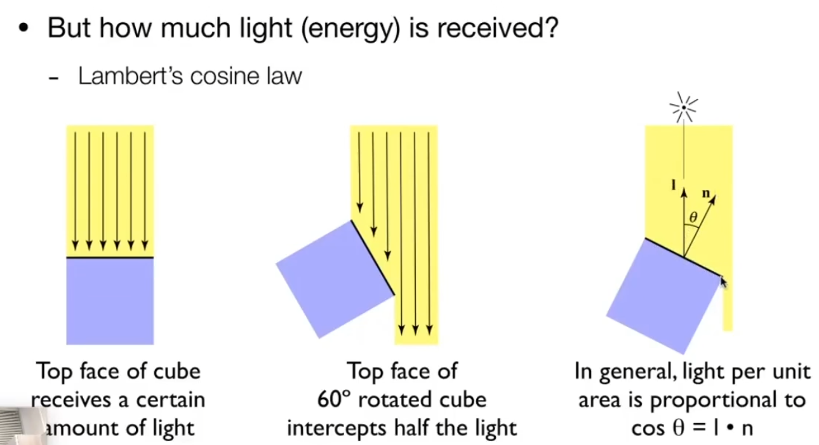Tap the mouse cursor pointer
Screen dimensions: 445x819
[x=724, y=281]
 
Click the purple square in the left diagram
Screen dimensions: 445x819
[x=110, y=301]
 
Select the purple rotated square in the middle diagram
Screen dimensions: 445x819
[x=335, y=278]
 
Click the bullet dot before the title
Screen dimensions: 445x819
[x=24, y=30]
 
